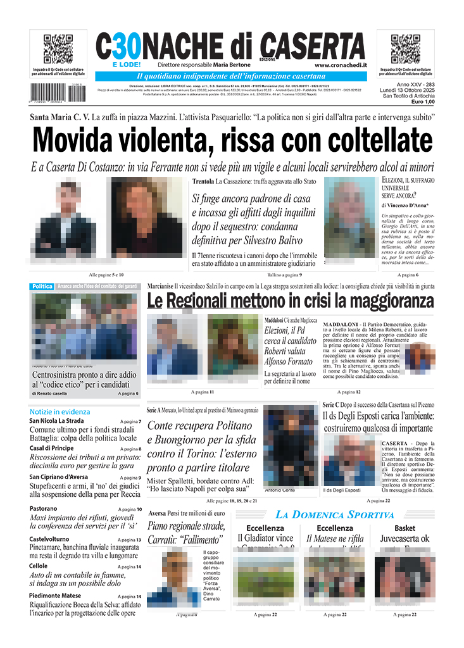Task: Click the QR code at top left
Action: click(58, 49)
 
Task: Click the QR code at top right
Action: click(406, 49)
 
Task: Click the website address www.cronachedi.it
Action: click(339, 65)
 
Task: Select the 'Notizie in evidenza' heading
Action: click(60, 411)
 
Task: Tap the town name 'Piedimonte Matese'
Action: click(55, 595)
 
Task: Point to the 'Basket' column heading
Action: click(404, 528)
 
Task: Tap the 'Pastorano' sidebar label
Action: click(43, 508)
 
